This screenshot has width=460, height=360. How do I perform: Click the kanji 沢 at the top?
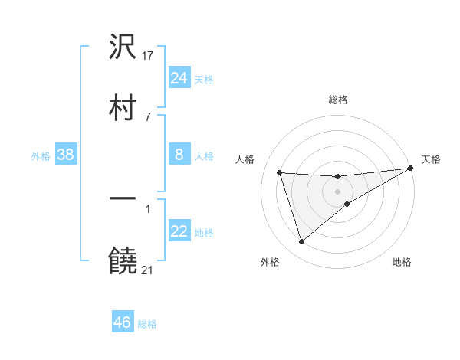coord(123,47)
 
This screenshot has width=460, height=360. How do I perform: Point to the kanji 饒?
coord(123,260)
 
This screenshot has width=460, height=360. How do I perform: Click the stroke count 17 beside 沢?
coord(149,55)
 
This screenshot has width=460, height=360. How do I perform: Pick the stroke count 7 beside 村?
coord(148,116)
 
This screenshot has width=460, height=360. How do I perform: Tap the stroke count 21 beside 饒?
coord(149,269)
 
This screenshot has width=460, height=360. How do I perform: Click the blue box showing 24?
coord(179,77)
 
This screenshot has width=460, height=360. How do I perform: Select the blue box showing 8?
coord(179,155)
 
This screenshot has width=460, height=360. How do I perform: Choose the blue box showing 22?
coord(179,231)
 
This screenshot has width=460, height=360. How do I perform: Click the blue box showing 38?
coord(65,155)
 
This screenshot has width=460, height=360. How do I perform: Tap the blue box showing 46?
coord(122,322)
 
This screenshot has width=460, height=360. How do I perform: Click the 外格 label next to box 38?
coord(41,155)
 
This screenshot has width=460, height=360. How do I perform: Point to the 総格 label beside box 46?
coord(147,324)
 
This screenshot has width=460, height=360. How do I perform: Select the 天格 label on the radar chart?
coord(431,159)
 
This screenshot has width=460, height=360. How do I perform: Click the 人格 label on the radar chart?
coord(245,159)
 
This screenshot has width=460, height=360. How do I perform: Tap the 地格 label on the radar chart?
coord(402,262)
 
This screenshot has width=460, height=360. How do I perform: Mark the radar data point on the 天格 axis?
coord(410,169)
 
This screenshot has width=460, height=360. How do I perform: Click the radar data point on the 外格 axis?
coord(301,242)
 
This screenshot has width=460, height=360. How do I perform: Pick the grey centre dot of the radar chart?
coord(337,191)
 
